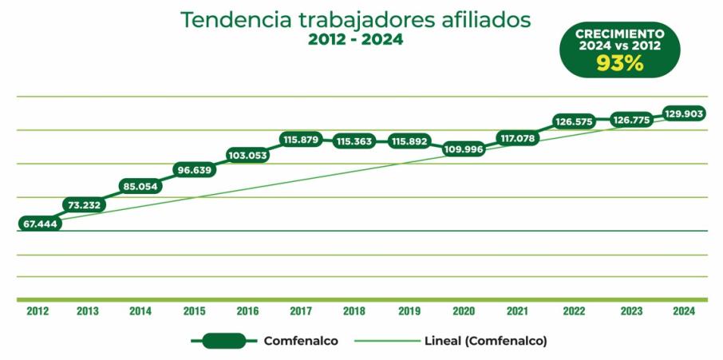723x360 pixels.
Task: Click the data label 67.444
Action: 38,224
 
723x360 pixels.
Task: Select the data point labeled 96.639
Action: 194,170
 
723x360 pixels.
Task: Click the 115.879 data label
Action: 301,140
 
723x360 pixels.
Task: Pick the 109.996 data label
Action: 464,149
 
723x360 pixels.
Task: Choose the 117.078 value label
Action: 518,138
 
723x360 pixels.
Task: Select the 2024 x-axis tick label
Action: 684,311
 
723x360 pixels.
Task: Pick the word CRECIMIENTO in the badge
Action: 621,34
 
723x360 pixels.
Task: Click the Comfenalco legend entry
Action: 301,341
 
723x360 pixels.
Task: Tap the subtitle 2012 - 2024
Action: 356,40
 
